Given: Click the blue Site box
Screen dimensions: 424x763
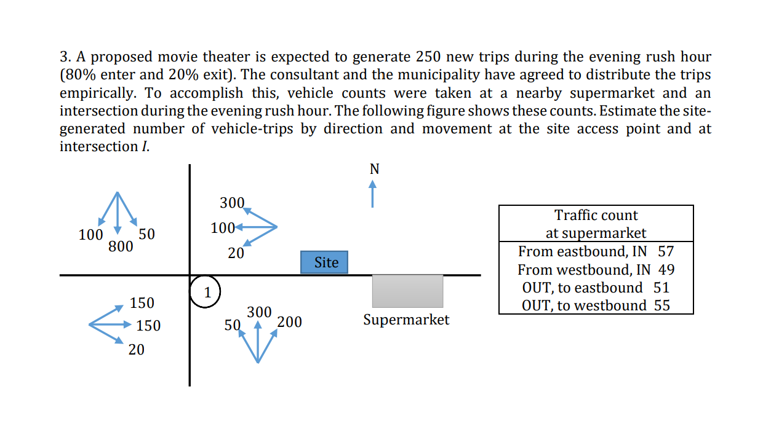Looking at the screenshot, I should click(324, 262).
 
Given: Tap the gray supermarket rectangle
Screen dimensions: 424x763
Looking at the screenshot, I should click(407, 291).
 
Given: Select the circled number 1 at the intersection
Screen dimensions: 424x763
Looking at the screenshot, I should click(207, 292).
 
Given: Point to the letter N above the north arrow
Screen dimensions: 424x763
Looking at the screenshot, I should click(374, 169).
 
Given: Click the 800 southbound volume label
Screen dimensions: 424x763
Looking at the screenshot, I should click(121, 247).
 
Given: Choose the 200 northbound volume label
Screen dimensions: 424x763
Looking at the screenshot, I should click(289, 322).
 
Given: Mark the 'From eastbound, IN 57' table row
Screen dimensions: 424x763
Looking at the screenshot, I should click(596, 251).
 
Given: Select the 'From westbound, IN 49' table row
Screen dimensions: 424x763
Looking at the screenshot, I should click(596, 269).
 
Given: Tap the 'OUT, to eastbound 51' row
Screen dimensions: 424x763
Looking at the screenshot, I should click(596, 287).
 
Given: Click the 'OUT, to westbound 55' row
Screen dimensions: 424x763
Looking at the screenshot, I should click(596, 305).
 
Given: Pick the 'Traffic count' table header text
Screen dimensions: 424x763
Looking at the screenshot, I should click(596, 215).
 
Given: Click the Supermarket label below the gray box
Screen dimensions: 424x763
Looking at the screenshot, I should click(406, 320).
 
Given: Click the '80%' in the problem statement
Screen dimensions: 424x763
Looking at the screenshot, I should click(77, 75).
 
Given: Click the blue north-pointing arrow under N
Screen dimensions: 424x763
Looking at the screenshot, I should click(372, 194).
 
